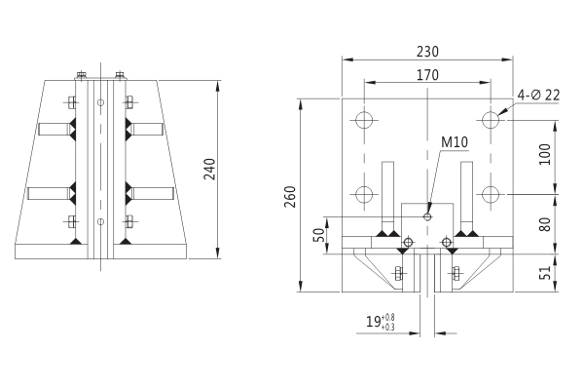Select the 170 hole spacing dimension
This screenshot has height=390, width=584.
pos(426,75)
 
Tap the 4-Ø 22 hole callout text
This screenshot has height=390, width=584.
pos(539,95)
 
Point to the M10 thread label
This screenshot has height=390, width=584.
pos(455,142)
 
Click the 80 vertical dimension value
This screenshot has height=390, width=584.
pos(545,223)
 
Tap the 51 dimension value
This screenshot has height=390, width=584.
pos(545,274)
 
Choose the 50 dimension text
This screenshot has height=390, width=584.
pos(316,236)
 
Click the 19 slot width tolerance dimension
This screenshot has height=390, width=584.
pos(380,323)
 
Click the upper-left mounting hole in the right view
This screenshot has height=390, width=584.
pos(364,121)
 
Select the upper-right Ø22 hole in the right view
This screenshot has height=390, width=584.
pos(492,121)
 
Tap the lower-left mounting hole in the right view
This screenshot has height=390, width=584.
pos(364,193)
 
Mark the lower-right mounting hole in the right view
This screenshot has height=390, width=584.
pos(492,193)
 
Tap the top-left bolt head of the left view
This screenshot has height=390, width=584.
pos(82,73)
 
